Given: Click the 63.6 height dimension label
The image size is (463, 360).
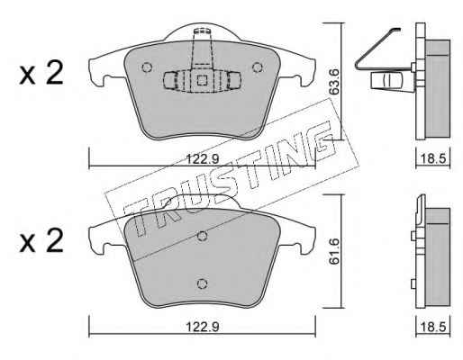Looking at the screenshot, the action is coord(333,82).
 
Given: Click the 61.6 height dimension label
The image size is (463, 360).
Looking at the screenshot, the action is coord(333,251).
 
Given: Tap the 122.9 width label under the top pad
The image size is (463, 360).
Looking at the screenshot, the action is coord(203,158).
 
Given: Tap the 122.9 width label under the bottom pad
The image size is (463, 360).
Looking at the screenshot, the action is coord(203,327).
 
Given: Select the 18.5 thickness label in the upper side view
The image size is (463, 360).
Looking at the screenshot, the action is coord(432,158).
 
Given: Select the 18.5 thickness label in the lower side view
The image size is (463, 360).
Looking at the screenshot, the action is coord(432,327).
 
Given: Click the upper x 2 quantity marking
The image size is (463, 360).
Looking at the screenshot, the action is coord(41,73).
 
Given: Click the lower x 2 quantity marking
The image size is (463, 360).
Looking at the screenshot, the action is coord(41,241).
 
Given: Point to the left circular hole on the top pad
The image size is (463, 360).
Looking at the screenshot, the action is coord(147,67).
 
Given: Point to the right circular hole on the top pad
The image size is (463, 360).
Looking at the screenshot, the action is coord(258,67).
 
